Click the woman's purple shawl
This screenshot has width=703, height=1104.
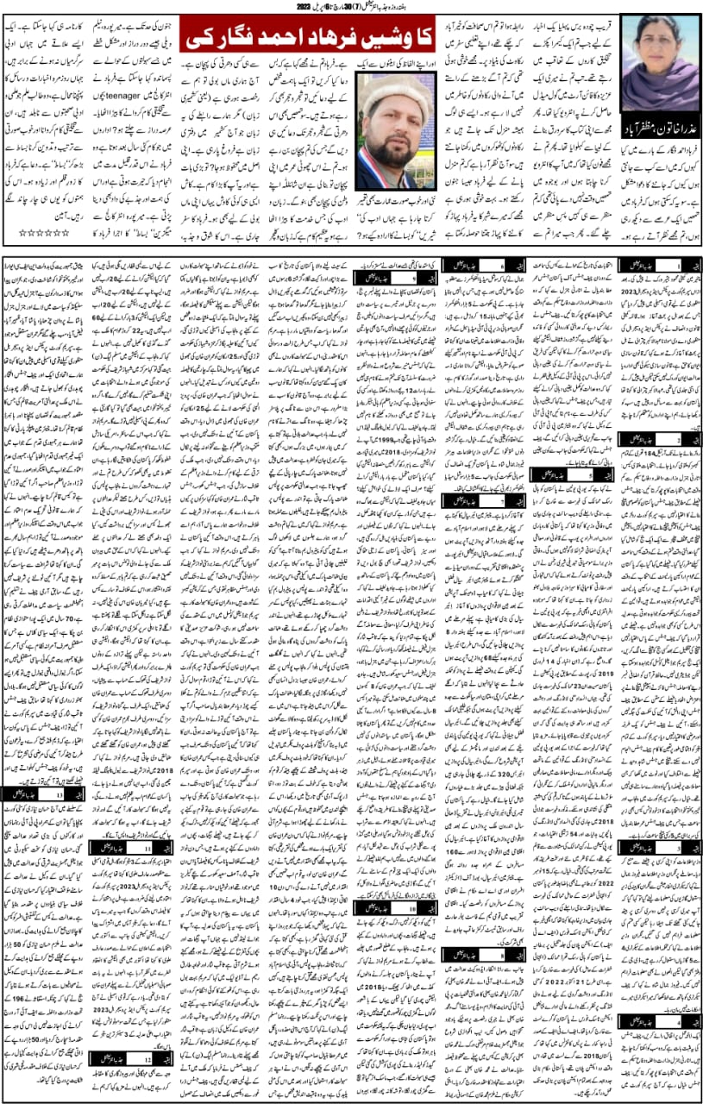(656, 86)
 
